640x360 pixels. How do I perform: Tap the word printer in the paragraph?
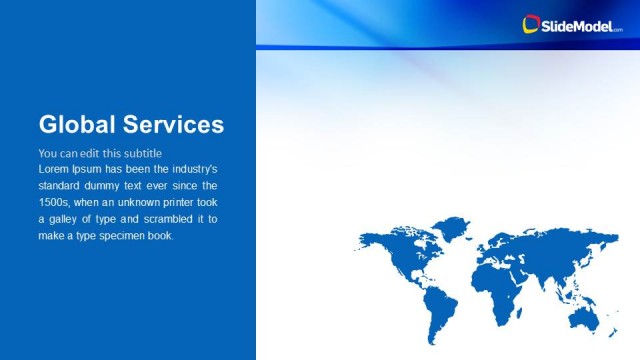click(174, 203)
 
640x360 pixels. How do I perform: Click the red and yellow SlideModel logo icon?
click(532, 23)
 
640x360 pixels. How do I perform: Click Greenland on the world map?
click(453, 227)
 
